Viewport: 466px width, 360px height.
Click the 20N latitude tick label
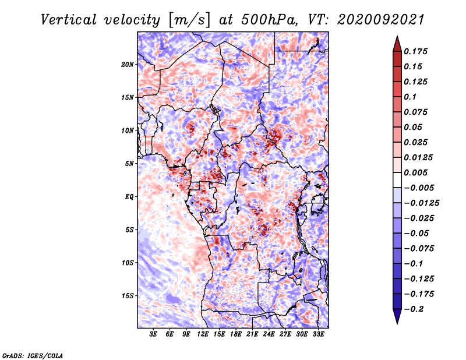pyautogui.click(x=128, y=64)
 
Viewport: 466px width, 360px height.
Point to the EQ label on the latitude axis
pyautogui.click(x=129, y=197)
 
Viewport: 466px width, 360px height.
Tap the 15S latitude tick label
pyautogui.click(x=128, y=296)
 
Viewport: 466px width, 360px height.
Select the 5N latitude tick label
pyautogui.click(x=129, y=164)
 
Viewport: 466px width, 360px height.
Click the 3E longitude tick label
pyautogui.click(x=153, y=334)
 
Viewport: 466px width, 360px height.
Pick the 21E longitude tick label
pyautogui.click(x=252, y=334)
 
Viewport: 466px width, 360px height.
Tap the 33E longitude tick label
pyautogui.click(x=318, y=334)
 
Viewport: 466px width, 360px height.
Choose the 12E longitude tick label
pyautogui.click(x=202, y=334)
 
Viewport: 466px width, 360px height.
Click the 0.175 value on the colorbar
pyautogui.click(x=415, y=51)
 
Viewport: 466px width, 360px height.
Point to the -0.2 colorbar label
pyautogui.click(x=414, y=309)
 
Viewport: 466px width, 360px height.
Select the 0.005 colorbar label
pyautogui.click(x=415, y=172)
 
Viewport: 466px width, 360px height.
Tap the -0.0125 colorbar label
pyautogui.click(x=421, y=203)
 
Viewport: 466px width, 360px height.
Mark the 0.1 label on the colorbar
pyautogui.click(x=410, y=97)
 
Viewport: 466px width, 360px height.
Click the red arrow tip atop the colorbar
pyautogui.click(x=397, y=37)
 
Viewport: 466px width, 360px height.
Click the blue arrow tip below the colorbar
pyautogui.click(x=397, y=323)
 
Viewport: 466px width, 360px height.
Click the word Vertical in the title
pyautogui.click(x=69, y=20)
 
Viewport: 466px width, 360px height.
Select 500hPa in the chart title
pyautogui.click(x=269, y=20)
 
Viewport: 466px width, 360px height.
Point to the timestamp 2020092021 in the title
pyautogui.click(x=381, y=20)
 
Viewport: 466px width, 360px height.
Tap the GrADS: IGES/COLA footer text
pyautogui.click(x=33, y=355)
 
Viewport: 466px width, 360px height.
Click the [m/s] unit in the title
pyautogui.click(x=189, y=20)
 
